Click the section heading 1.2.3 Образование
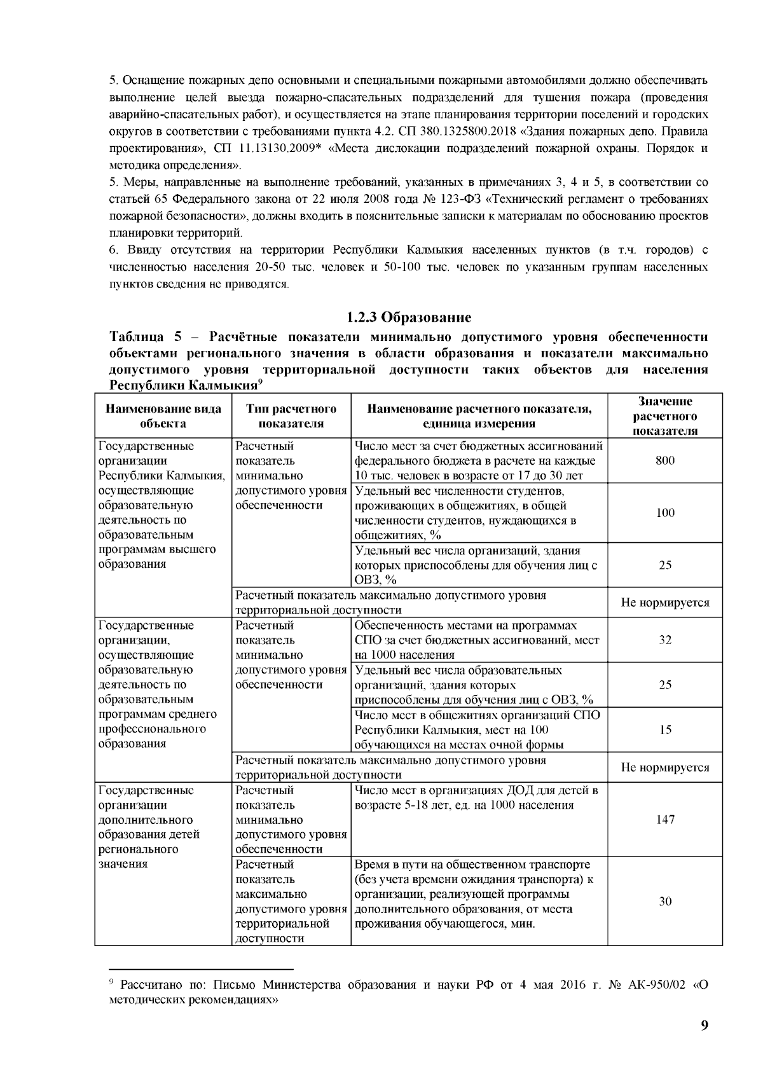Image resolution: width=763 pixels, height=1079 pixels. pos(408,317)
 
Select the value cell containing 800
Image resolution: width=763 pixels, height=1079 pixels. pos(664,460)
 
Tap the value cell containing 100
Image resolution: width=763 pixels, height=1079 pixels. pos(664,512)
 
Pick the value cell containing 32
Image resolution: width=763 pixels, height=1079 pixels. pos(664,640)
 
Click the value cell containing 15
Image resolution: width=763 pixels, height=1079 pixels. pos(664,729)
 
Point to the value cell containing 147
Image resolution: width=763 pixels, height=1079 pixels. pos(664,819)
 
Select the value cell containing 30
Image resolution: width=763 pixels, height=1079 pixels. pos(664,901)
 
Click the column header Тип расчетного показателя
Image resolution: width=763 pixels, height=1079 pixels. pos(291,416)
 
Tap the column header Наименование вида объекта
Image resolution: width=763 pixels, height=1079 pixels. pos(163,416)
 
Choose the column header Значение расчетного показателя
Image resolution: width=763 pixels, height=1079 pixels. pos(664,416)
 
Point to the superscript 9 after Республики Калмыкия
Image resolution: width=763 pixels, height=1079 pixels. pos(260,381)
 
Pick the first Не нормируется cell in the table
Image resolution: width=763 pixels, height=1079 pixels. pos(664,602)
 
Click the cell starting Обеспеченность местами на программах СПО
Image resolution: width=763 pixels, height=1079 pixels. pos(478,640)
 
